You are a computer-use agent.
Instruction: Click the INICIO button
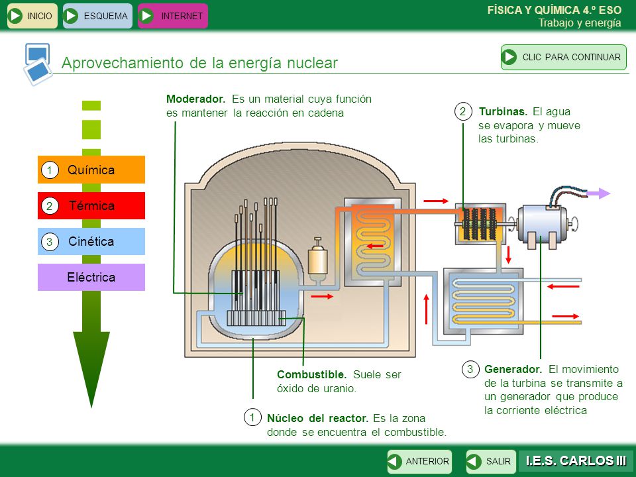[32, 16]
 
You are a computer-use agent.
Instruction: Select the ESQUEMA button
[97, 16]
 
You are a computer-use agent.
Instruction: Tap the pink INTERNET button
[173, 16]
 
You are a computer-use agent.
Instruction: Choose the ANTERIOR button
[419, 461]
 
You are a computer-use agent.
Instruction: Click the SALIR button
[491, 461]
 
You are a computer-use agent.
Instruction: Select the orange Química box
[91, 170]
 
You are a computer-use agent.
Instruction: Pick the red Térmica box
[91, 205]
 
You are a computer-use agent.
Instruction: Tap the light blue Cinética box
[91, 241]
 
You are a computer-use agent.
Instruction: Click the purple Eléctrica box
[91, 277]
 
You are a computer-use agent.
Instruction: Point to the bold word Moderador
[195, 99]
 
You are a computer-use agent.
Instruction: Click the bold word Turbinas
[503, 111]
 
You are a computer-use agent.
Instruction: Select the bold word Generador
[513, 369]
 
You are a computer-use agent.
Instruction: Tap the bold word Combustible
[311, 374]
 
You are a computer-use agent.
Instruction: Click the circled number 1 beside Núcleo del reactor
[252, 417]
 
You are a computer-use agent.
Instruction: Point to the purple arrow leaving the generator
[598, 193]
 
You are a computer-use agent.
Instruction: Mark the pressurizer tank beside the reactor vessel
[317, 258]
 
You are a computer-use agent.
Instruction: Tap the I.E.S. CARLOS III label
[576, 461]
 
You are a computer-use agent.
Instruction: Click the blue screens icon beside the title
[38, 64]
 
